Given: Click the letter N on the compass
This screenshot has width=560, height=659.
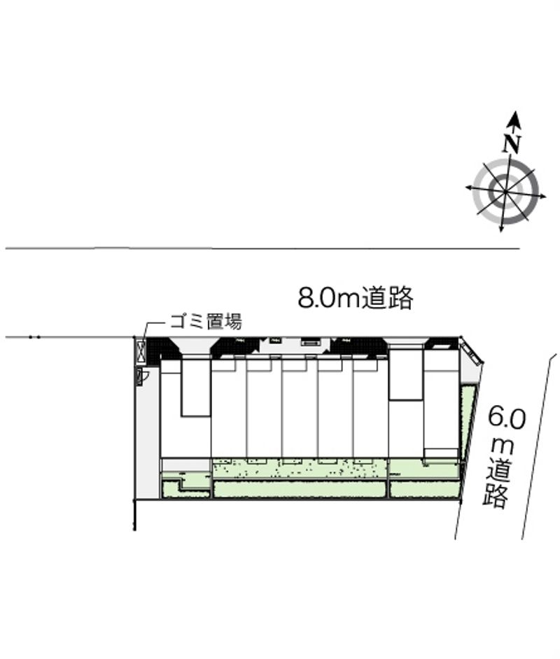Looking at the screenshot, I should pos(512,143).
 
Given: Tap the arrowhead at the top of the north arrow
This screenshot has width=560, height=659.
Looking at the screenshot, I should pos(515,118).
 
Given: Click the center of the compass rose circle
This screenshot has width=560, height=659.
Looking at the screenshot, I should pos(505,191).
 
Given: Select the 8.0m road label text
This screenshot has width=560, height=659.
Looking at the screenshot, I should pos(356,299).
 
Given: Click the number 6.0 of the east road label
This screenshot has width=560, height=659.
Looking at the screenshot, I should pos(506,419).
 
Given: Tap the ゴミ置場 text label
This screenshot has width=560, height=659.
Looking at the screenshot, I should pos(206,323).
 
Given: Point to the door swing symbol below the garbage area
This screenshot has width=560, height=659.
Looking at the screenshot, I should pos(142,377).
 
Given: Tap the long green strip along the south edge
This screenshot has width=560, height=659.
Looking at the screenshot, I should pos(300,489).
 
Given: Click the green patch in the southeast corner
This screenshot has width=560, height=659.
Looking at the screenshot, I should pos(424,489).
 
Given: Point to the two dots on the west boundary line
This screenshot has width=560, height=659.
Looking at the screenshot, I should pos(34,338).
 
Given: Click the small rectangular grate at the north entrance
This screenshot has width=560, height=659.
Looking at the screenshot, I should pos(309,343).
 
